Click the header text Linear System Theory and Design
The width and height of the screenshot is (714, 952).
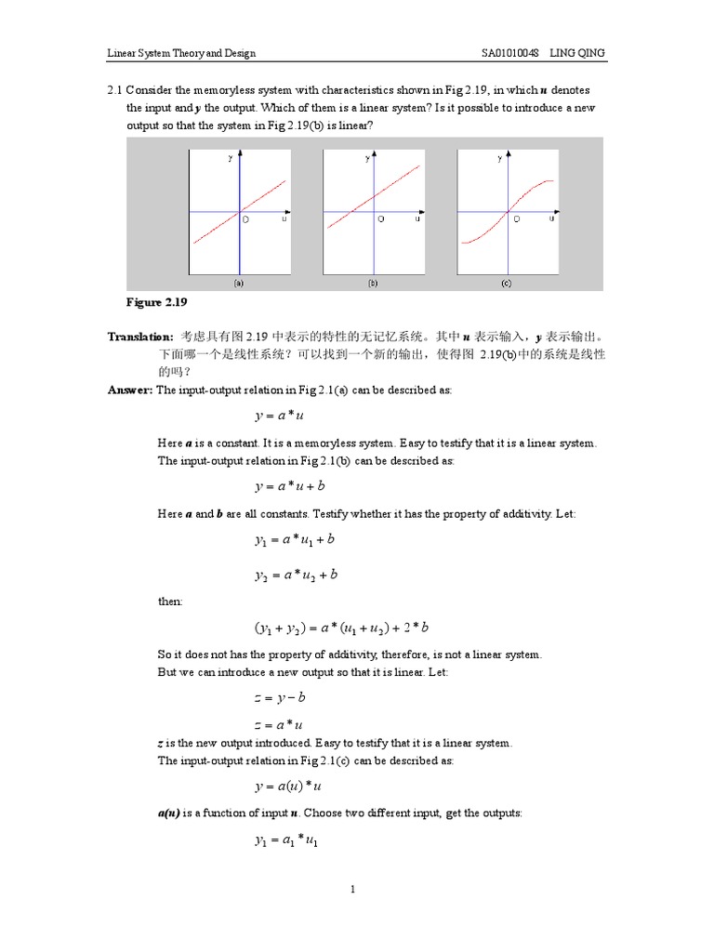pos(178,53)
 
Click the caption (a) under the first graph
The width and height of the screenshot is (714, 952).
pos(239,283)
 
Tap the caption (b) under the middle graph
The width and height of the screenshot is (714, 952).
pos(373,283)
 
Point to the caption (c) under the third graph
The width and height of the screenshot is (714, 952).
pos(507,283)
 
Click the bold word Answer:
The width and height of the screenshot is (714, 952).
pos(131,390)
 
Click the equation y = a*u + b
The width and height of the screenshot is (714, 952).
pos(290,485)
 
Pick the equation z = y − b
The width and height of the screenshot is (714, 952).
pos(280,696)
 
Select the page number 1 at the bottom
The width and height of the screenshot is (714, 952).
pos(354,890)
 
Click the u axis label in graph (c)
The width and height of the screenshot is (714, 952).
pos(551,219)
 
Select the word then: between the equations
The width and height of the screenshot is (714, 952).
pos(170,601)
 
